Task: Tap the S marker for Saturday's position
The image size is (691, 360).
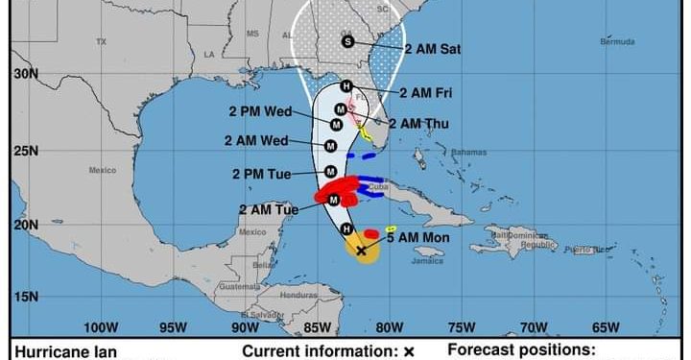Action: pyautogui.click(x=347, y=40)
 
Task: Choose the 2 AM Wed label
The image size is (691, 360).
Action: pyautogui.click(x=257, y=141)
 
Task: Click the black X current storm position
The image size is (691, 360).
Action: pyautogui.click(x=361, y=252)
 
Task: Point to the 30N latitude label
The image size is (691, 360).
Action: pyautogui.click(x=26, y=74)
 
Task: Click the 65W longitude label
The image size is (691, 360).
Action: pyautogui.click(x=606, y=325)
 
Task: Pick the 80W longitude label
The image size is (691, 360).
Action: pyautogui.click(x=389, y=325)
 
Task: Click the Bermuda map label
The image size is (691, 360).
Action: pyautogui.click(x=617, y=42)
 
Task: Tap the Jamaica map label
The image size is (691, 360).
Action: pyautogui.click(x=428, y=259)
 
